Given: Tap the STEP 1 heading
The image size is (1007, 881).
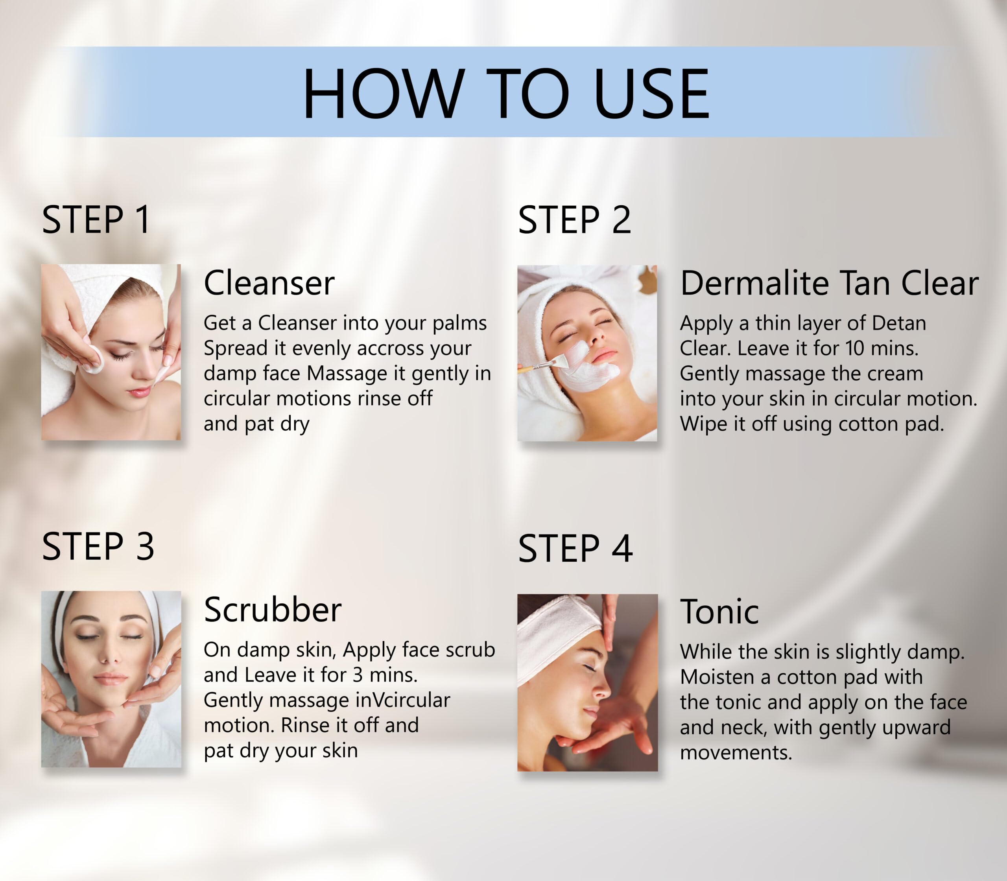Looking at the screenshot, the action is (96, 220).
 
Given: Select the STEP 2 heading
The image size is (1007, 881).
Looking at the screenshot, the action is (574, 220).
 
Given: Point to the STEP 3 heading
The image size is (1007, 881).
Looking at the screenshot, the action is (98, 546).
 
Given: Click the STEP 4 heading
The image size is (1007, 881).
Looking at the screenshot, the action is (575, 548).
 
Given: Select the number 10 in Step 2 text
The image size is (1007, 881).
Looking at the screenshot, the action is (854, 348).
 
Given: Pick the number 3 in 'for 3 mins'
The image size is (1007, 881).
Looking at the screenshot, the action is (358, 675).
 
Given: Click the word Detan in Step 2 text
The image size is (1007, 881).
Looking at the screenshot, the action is (899, 323).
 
